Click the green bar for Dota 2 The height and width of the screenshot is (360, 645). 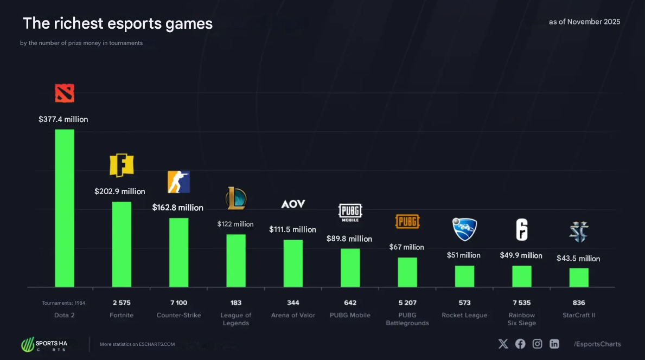point(65,208)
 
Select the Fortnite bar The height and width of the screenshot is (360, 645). point(122,244)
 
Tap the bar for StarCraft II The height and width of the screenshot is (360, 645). point(579,277)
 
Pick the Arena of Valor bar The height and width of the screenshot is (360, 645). point(293,263)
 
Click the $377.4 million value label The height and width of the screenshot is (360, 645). point(63,119)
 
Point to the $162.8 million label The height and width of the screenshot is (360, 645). point(178,208)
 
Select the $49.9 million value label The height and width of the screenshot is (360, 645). point(521,255)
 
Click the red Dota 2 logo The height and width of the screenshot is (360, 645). point(65,93)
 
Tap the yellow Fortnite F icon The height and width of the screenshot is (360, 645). point(122,165)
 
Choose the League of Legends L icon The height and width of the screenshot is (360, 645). point(236,198)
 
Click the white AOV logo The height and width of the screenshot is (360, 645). point(293,204)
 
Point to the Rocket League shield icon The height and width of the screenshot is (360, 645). point(464,229)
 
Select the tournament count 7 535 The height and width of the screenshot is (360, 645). point(521,303)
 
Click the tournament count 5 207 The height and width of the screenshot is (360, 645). point(407,303)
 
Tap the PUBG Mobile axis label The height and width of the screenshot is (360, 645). point(350,315)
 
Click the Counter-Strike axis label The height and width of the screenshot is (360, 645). point(178,315)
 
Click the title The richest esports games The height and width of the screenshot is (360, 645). point(118,23)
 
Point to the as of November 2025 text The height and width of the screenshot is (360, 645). point(584,22)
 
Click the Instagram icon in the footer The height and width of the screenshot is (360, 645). point(537,344)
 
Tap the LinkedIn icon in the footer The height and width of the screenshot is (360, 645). point(554,344)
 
